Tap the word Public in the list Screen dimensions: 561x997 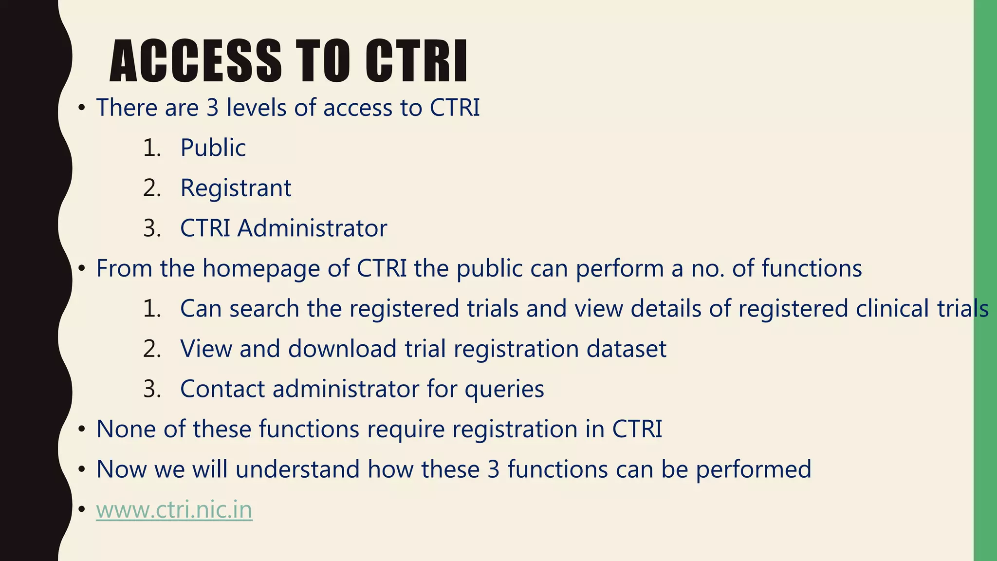click(213, 148)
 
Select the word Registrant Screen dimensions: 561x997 click(236, 188)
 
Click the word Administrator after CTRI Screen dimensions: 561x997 click(312, 228)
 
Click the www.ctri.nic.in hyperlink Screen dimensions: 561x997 click(174, 510)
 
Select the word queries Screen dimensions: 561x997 click(504, 389)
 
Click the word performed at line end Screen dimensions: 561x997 click(753, 469)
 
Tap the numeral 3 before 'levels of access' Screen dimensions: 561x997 click(212, 108)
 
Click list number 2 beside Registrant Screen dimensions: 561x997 click(151, 188)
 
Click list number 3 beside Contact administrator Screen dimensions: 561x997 click(151, 389)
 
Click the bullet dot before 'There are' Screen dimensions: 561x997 click(82, 108)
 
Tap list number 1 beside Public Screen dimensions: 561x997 click(151, 148)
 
